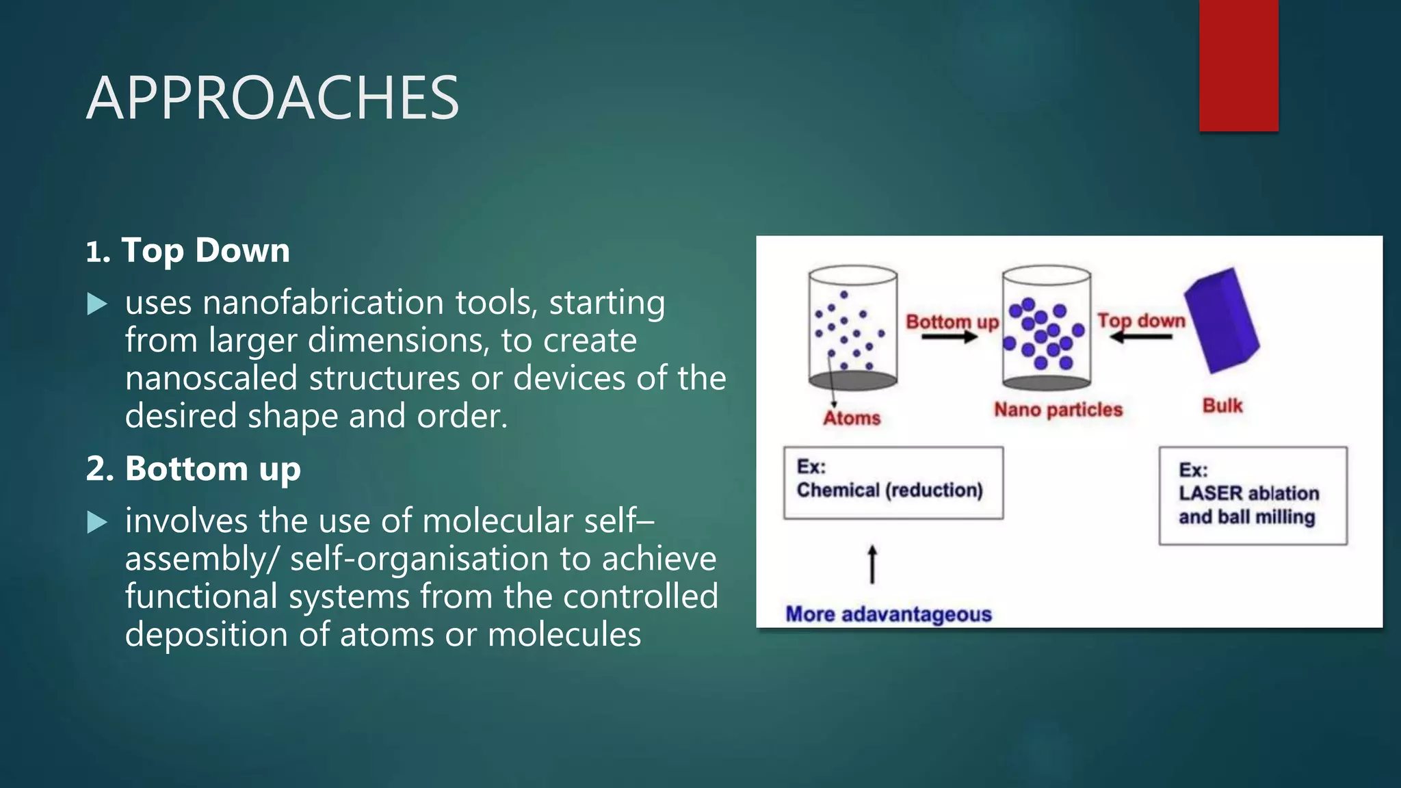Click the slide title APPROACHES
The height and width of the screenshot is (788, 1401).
(x=272, y=98)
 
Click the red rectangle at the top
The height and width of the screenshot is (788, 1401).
(x=1238, y=65)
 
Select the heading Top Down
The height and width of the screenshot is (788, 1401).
(x=205, y=250)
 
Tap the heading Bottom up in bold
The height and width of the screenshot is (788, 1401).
(x=212, y=469)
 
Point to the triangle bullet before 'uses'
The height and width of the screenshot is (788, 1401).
(x=98, y=304)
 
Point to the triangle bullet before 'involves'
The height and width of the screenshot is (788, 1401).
(x=98, y=523)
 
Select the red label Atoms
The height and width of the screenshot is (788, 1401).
(x=852, y=418)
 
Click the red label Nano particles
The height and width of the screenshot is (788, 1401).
(x=1058, y=410)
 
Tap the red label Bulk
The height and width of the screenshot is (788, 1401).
(x=1222, y=406)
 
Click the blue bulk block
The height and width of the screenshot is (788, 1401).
(x=1222, y=320)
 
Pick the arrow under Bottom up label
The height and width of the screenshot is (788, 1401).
(x=949, y=337)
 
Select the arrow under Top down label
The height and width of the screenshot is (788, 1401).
(x=1140, y=337)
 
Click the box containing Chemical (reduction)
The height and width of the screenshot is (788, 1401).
(x=893, y=483)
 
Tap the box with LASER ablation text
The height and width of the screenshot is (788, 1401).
(x=1253, y=496)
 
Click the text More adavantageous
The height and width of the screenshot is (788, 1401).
(x=888, y=614)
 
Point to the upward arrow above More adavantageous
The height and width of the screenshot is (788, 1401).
(x=872, y=564)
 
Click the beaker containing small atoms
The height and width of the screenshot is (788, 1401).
(x=852, y=328)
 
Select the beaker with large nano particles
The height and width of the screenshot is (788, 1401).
(x=1046, y=328)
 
